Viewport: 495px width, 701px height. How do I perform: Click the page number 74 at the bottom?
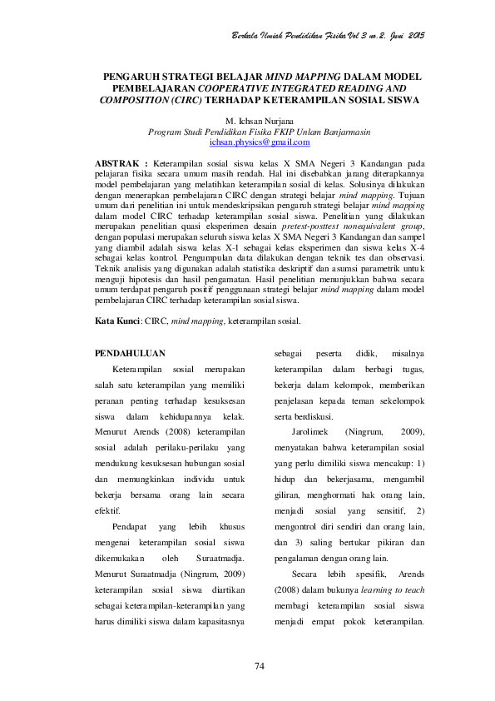pyautogui.click(x=259, y=665)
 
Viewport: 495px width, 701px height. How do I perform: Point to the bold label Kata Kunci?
pyautogui.click(x=116, y=296)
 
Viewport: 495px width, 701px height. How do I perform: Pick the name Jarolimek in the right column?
pyautogui.click(x=312, y=433)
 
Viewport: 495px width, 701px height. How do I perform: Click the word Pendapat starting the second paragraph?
pyautogui.click(x=133, y=528)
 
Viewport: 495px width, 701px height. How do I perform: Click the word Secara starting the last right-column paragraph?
pyautogui.click(x=309, y=574)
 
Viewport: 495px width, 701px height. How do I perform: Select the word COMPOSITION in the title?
pyautogui.click(x=134, y=100)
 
